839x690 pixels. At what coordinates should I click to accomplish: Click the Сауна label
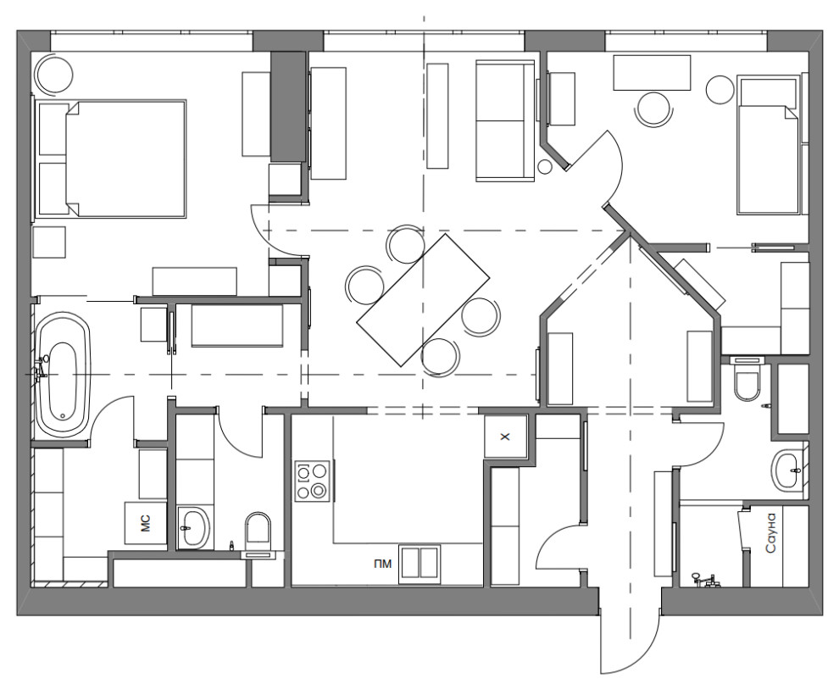click(x=770, y=532)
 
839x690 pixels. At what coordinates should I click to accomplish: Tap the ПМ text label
click(x=382, y=563)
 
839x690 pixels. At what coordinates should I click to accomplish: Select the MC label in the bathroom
click(x=146, y=523)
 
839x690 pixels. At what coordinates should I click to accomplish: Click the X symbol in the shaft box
click(x=504, y=437)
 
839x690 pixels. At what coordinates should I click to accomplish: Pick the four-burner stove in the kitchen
click(x=313, y=481)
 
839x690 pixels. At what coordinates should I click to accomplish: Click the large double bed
click(x=111, y=159)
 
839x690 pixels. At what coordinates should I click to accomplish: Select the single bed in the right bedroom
click(x=770, y=146)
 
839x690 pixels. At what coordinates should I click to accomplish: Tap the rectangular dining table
click(x=423, y=300)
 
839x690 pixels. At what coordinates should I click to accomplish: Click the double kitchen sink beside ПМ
click(x=420, y=564)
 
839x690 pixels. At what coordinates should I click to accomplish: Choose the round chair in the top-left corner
click(x=53, y=74)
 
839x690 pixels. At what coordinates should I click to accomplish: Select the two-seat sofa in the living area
click(x=505, y=120)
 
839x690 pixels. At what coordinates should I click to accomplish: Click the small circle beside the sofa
click(x=545, y=167)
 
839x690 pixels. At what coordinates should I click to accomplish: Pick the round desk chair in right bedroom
click(x=653, y=109)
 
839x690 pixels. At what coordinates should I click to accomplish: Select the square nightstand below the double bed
click(x=48, y=242)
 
